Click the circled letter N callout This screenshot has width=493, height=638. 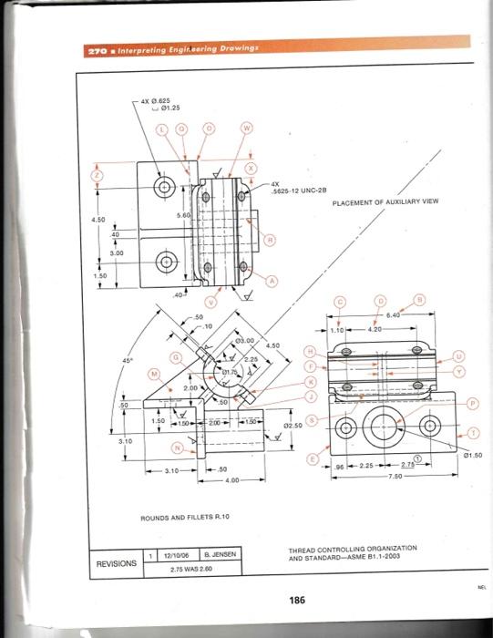click(x=175, y=448)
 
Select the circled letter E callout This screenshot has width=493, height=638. click(x=316, y=461)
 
